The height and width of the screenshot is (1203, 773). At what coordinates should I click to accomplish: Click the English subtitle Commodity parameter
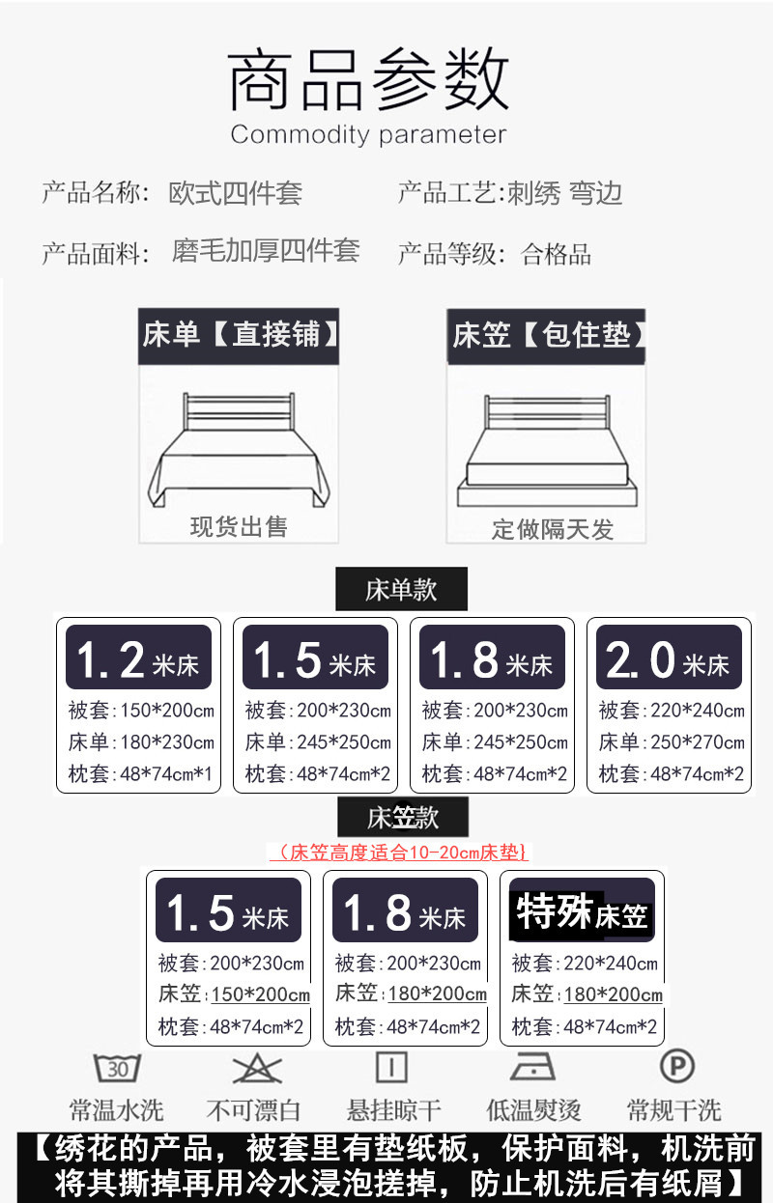pos(367,134)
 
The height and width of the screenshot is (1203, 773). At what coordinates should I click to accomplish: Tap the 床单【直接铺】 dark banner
pos(239,336)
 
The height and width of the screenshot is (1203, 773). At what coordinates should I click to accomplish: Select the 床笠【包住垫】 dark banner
pos(546,336)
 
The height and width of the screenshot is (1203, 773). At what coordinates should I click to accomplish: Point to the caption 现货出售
pos(239,526)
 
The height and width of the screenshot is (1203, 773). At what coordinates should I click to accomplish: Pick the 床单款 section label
pos(401,589)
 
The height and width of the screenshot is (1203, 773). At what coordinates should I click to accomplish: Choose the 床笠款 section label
pos(402,818)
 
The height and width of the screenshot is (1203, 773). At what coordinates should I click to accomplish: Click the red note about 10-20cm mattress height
pos(399,853)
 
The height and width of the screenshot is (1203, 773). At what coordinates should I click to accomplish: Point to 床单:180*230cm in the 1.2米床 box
pos(141,742)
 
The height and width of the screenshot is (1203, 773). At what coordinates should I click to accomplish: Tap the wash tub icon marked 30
pos(117,1068)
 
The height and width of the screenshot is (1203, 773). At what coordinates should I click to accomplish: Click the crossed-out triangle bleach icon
pos(256,1068)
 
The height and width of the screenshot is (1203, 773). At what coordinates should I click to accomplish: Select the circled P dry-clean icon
pos(675,1067)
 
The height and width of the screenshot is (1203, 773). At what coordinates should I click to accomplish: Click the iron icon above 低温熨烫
pos(533,1068)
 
